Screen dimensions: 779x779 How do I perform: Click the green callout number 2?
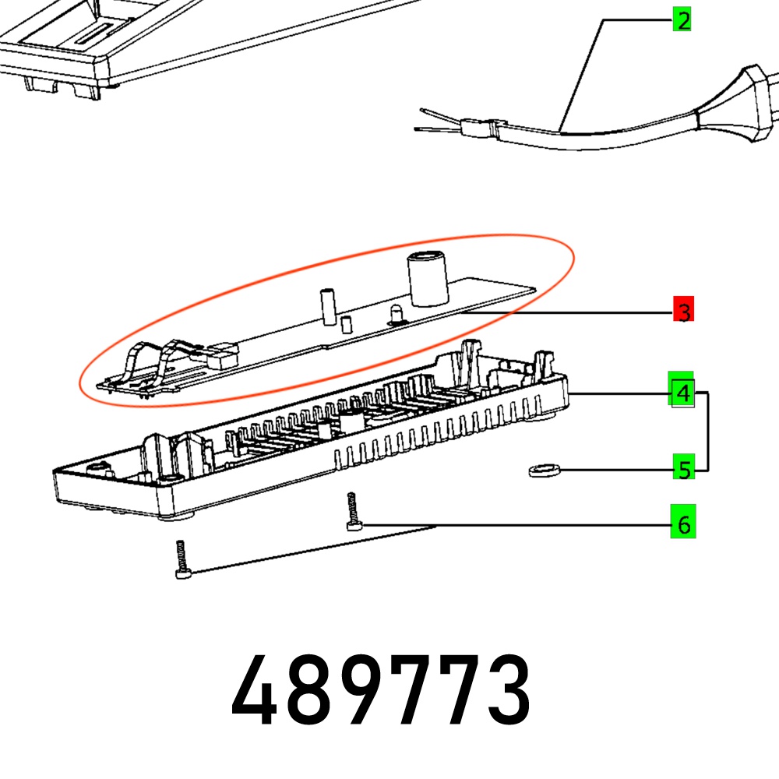[682, 20]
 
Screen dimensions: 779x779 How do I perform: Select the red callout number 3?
[683, 308]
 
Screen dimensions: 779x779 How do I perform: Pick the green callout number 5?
[684, 467]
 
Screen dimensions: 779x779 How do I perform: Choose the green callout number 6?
[683, 521]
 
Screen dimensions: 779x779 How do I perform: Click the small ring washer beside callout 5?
[545, 470]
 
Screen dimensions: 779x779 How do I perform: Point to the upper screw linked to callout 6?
[353, 511]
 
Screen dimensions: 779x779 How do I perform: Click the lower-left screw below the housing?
[182, 559]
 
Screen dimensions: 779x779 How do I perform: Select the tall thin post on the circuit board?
[328, 306]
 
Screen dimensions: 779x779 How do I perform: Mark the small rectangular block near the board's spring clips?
[221, 356]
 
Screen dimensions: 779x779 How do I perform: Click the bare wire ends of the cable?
[438, 122]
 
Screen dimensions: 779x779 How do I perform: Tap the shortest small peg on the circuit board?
[346, 324]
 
